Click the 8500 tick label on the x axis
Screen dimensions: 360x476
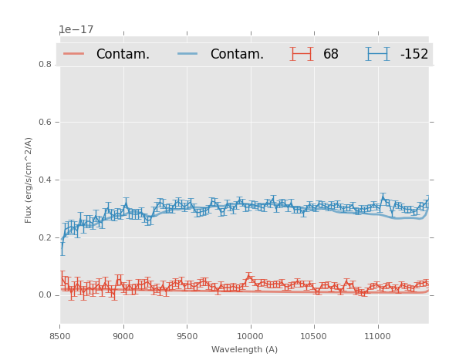point(60,336)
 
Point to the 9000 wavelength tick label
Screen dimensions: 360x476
point(123,336)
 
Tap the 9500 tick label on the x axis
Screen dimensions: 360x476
point(187,336)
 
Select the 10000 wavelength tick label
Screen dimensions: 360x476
point(251,336)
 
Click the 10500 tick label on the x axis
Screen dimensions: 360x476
point(315,336)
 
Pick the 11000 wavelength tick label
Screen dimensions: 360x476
point(378,336)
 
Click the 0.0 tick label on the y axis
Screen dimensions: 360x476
point(46,295)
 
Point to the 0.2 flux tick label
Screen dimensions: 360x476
point(46,237)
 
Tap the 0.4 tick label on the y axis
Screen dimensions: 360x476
point(46,180)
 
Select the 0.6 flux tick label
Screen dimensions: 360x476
point(46,122)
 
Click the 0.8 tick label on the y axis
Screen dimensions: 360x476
point(46,64)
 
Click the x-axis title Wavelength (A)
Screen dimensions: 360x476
point(245,349)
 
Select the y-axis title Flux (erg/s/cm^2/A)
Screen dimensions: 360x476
point(29,180)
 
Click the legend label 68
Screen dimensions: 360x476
point(331,54)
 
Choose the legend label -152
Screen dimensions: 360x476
point(414,54)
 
